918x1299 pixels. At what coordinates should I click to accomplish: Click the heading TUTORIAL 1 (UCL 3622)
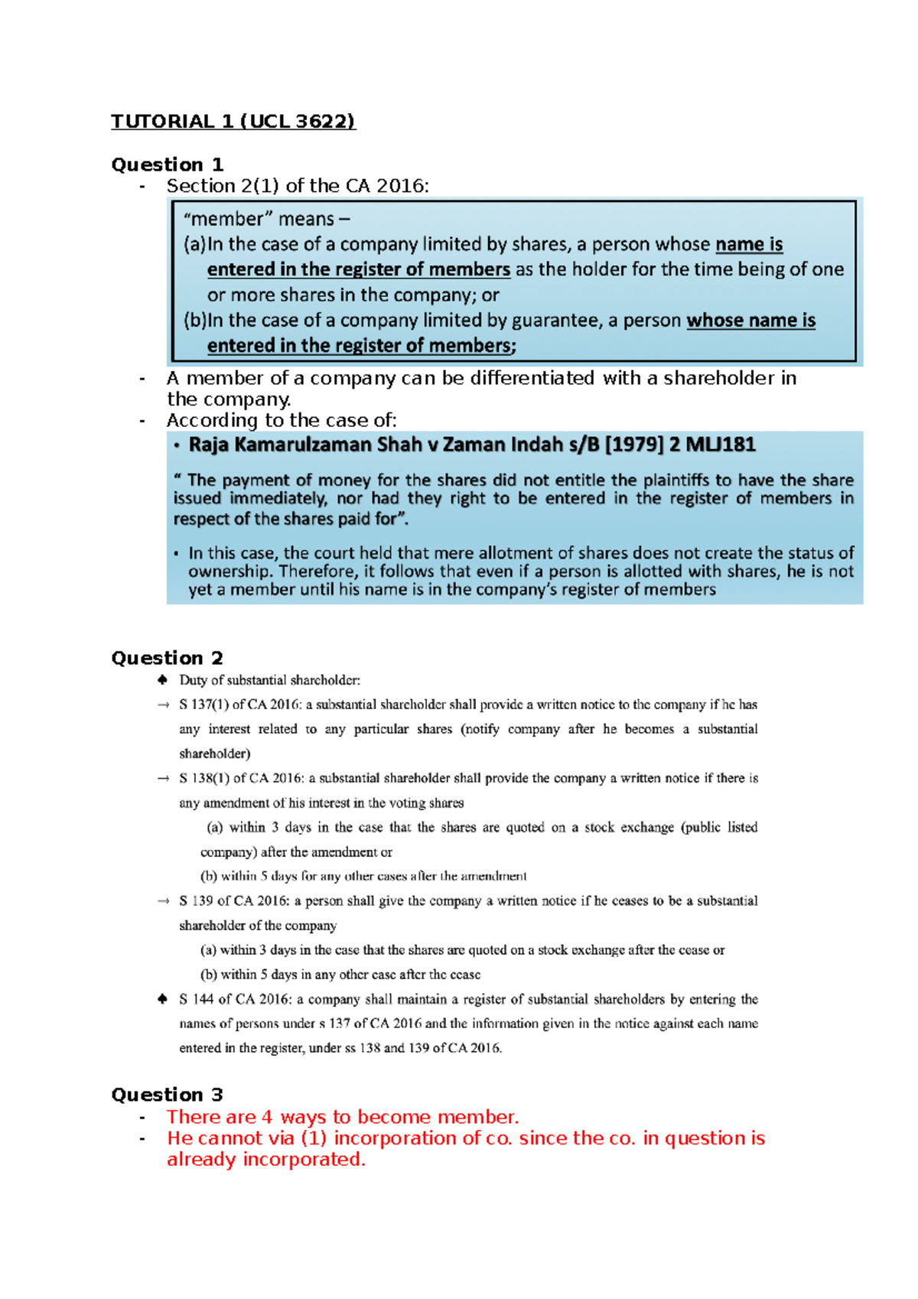click(x=233, y=122)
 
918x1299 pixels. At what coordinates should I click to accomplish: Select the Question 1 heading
click(x=167, y=164)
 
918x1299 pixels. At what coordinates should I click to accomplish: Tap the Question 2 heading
click(x=167, y=658)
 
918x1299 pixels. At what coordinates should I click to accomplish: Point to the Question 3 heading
click(x=167, y=1095)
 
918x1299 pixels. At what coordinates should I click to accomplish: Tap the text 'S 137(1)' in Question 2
click(x=203, y=705)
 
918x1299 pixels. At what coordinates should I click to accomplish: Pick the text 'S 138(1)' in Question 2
click(x=203, y=778)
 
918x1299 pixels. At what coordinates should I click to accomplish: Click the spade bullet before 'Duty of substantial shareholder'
click(x=162, y=679)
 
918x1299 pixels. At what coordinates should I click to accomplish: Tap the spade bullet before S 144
click(x=162, y=998)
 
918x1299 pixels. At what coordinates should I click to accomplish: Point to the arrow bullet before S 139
click(x=162, y=900)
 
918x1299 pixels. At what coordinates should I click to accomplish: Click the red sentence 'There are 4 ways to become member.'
click(x=343, y=1117)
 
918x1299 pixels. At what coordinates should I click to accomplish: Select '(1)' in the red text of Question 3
click(x=314, y=1138)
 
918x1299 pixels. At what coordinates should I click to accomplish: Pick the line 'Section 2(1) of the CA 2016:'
click(x=298, y=186)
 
